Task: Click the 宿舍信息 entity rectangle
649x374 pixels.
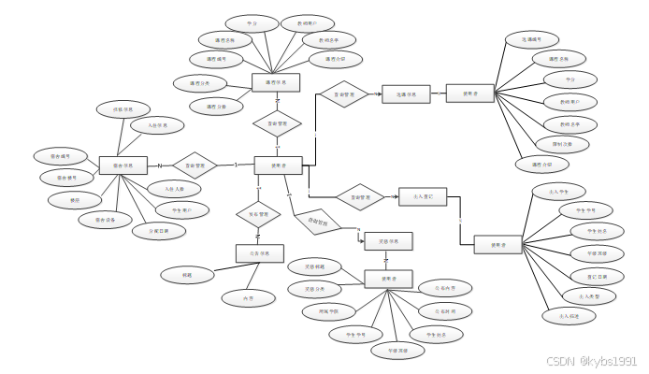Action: tap(123, 165)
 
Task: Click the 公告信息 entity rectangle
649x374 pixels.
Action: tap(259, 252)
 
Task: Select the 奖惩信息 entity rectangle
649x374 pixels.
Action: tap(387, 241)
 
